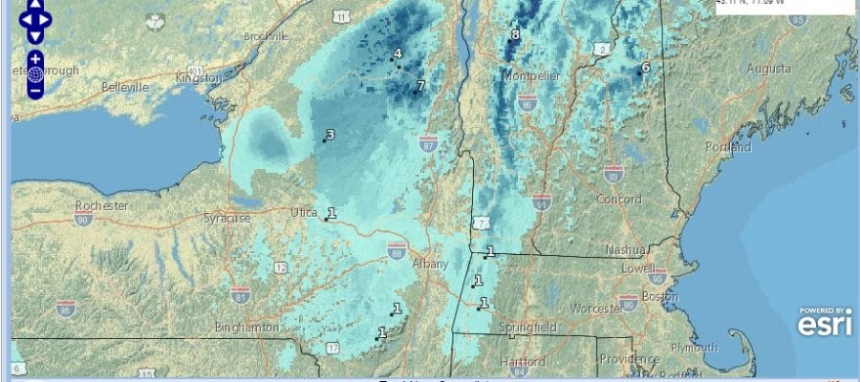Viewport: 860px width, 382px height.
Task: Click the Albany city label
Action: (x=429, y=264)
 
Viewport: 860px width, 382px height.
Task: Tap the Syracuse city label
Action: (x=226, y=218)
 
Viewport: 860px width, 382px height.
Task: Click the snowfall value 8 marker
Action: (x=515, y=35)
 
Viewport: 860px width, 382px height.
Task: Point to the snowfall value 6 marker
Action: (x=645, y=67)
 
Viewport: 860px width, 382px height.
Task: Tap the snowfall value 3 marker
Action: (x=330, y=136)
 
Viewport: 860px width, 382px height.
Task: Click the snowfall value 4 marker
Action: (x=398, y=54)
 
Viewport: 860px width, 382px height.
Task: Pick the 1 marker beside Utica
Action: (x=331, y=213)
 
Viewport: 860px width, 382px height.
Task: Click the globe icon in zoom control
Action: (x=35, y=73)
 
